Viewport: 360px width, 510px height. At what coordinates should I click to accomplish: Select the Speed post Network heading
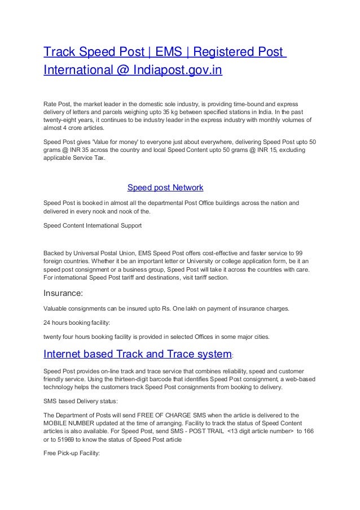pos(165,187)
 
